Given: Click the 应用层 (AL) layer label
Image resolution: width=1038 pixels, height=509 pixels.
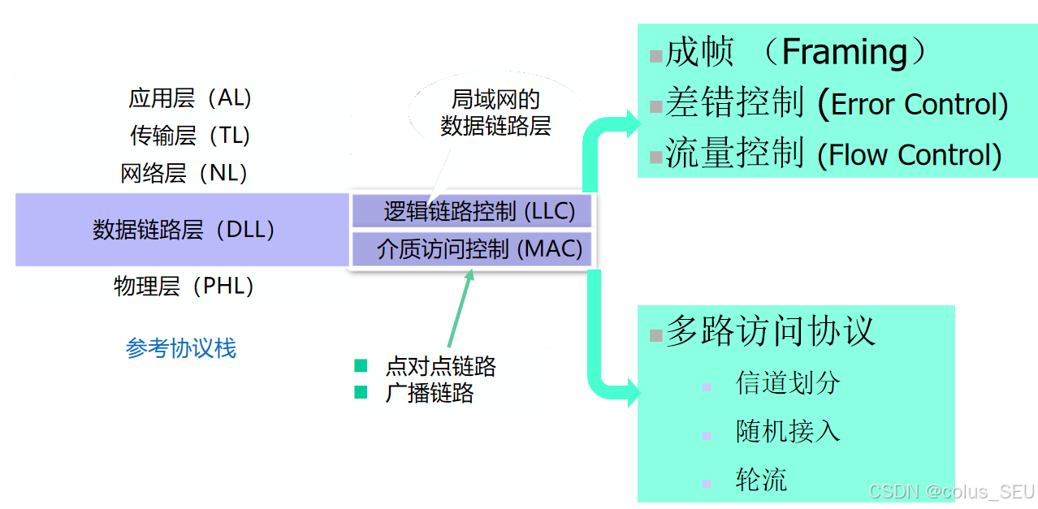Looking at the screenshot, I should coord(190,98).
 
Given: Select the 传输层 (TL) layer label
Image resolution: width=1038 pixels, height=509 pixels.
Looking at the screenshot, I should coord(190,136).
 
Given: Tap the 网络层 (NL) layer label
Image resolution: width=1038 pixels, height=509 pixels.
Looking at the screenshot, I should coord(184,173).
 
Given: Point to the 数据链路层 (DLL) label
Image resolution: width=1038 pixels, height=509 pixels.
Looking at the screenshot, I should coord(184,230).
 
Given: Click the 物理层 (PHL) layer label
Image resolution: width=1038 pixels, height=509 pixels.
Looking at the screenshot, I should coord(184,286).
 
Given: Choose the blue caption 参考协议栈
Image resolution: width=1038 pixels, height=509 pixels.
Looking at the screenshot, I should coord(181,348).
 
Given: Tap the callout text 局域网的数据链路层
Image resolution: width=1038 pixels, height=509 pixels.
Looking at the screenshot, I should coord(495,113).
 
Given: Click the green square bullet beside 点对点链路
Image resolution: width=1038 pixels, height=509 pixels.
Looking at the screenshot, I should coord(361,365).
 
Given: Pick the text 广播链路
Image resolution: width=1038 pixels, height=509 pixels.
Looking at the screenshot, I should coord(430,394).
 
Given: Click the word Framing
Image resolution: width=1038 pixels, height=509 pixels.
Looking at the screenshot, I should coord(845,53).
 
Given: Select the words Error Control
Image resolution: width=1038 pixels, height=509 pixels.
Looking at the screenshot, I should coord(919,105).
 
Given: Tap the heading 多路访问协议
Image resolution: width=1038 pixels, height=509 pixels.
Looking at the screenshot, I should coord(770,331).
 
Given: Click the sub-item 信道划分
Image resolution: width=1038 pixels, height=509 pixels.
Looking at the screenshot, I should coord(787,383).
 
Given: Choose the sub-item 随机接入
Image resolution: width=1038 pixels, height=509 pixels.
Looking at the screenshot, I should coord(787,431).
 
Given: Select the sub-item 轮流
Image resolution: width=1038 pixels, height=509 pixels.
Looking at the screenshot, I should coord(761,479).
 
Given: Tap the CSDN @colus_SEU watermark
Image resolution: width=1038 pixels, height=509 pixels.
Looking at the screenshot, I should coord(951,491).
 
